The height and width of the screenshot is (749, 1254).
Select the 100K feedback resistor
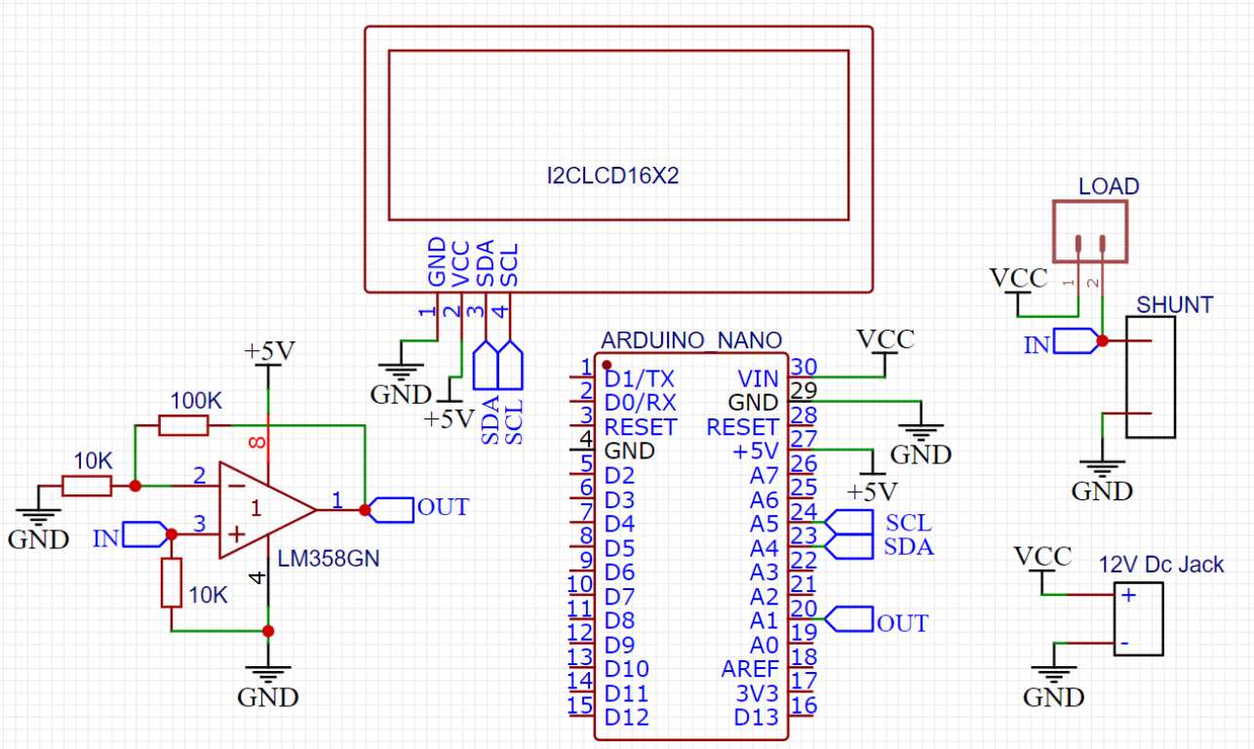coord(183,425)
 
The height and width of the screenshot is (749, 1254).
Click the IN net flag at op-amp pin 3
coord(145,534)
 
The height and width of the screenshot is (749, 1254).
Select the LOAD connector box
coord(1089,232)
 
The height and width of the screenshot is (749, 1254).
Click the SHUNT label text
coord(1175,305)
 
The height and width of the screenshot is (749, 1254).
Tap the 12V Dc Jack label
coord(1160,565)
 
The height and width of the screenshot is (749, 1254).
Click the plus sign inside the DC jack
coord(1128,595)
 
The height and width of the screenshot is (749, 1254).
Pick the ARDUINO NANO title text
coord(691,340)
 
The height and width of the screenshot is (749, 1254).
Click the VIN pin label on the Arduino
coord(758,378)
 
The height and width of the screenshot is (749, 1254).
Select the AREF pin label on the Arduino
coord(750,669)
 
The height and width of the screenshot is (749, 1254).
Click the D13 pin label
coord(757,718)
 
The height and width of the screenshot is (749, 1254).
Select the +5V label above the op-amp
coord(269,351)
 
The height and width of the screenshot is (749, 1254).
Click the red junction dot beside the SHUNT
coord(1102,341)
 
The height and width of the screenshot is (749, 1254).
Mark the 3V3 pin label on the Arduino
coord(758,693)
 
